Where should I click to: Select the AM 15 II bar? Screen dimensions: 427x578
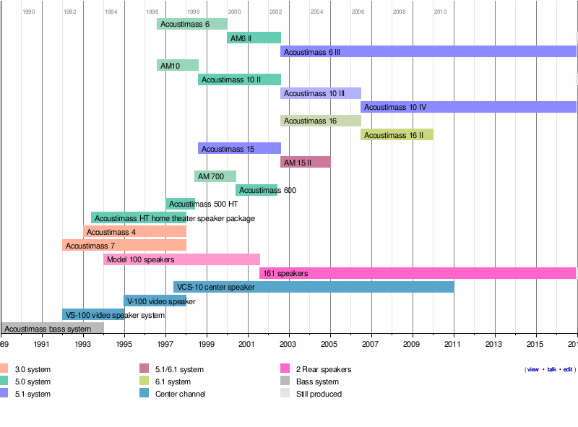305,162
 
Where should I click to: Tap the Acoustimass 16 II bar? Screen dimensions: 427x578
397,134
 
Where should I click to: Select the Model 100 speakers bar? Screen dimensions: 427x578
181,259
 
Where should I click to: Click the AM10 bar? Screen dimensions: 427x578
177,65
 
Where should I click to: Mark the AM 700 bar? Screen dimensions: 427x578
215,176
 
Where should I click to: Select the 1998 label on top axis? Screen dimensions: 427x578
194,12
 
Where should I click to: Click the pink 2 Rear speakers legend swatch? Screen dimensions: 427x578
285,369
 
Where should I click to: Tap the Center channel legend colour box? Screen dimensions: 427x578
144,394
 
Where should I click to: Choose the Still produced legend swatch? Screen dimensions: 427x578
285,394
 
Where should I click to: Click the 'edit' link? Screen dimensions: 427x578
568,369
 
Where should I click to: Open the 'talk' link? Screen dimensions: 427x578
551,369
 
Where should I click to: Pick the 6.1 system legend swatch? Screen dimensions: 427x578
144,381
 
